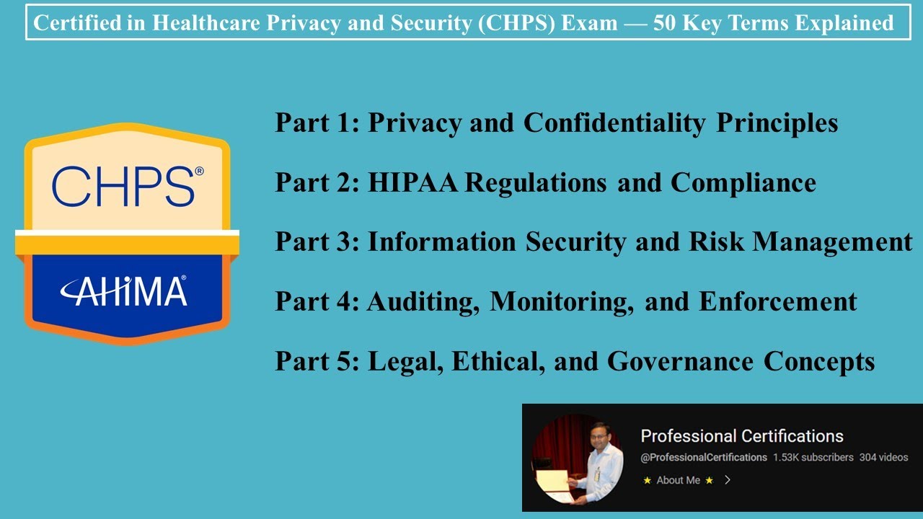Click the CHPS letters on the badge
[x=123, y=186]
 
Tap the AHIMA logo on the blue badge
[x=123, y=291]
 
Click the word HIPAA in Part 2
[x=413, y=182]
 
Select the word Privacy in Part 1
[x=415, y=123]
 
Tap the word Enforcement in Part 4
[x=778, y=301]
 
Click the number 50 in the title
[x=666, y=23]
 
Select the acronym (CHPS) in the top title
[x=528, y=23]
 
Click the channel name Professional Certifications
[x=741, y=435]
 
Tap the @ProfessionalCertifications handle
[x=704, y=457]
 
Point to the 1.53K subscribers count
[x=813, y=457]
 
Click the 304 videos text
[x=883, y=457]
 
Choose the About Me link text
[x=678, y=480]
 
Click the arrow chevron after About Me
[x=727, y=480]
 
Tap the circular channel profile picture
[x=577, y=458]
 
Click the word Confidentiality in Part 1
[x=614, y=123]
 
